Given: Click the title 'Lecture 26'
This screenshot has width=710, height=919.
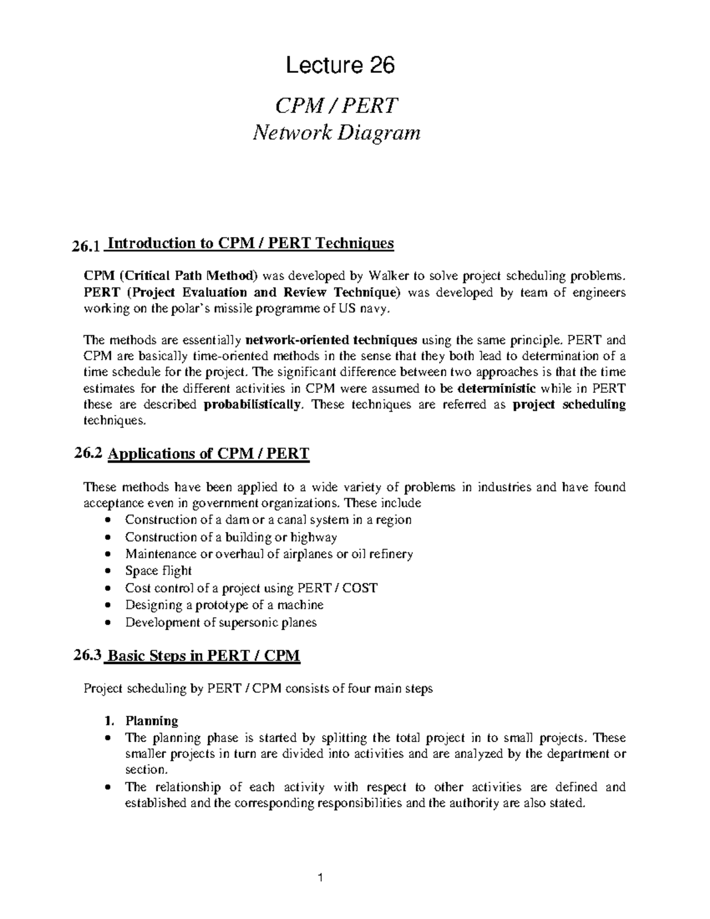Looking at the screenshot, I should click(x=340, y=66).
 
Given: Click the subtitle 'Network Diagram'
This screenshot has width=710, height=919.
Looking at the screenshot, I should click(x=336, y=133).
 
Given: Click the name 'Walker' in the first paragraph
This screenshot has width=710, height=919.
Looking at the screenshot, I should click(x=388, y=276).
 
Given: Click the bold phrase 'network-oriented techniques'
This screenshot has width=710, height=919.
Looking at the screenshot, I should click(x=331, y=340).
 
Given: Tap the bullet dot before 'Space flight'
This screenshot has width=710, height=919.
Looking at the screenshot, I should click(x=106, y=572).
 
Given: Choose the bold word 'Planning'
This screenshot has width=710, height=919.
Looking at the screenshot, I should click(x=151, y=721).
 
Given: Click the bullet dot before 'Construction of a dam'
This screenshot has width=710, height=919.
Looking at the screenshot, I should click(x=106, y=520).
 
